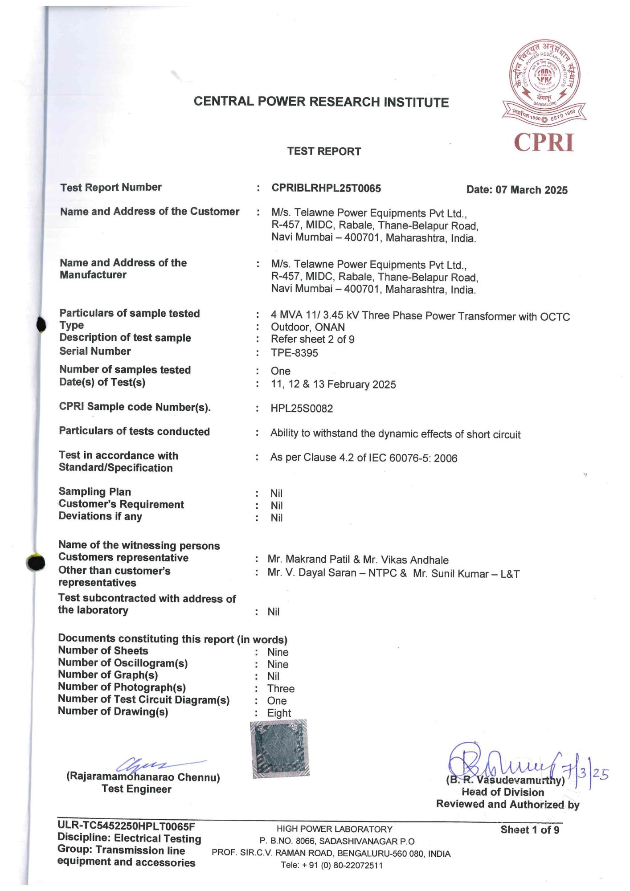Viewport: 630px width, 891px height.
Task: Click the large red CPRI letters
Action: tap(544, 143)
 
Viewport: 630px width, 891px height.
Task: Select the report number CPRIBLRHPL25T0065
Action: tap(326, 188)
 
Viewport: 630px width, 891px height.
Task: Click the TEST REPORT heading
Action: tap(324, 151)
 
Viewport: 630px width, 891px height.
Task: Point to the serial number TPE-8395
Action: tap(294, 353)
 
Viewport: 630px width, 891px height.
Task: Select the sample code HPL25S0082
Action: tap(302, 409)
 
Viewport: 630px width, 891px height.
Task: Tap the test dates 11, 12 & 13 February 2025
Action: tap(333, 384)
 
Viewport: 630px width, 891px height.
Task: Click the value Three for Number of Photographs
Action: tap(281, 688)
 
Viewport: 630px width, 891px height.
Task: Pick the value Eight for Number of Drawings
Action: tap(279, 713)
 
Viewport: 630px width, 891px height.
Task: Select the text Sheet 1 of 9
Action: tap(529, 830)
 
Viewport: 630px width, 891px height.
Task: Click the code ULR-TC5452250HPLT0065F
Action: tap(126, 826)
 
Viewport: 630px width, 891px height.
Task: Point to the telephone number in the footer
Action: tap(332, 865)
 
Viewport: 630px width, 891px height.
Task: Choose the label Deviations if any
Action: tap(100, 516)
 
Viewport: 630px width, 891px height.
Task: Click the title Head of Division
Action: tap(503, 792)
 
